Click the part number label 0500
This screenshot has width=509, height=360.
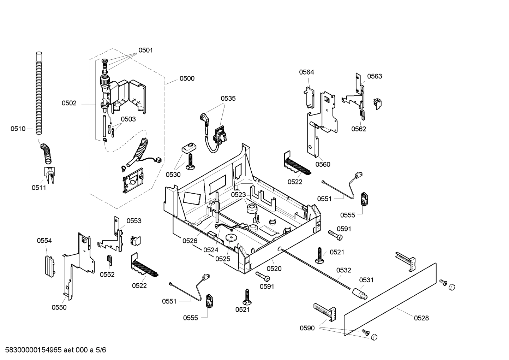(187, 78)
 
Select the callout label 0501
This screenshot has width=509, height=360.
(145, 50)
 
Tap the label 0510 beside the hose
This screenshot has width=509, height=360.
(18, 129)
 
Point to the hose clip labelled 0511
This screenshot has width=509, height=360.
(49, 175)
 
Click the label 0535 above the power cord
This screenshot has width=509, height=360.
(228, 99)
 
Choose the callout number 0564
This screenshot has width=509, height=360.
(306, 72)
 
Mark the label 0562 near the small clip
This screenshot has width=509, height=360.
(358, 129)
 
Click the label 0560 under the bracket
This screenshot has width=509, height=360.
(323, 164)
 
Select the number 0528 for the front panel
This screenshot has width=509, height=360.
(421, 318)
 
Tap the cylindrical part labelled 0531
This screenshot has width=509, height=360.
(359, 293)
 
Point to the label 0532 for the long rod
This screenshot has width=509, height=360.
(343, 270)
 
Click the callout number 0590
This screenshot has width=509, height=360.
(307, 328)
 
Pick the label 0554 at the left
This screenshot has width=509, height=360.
(44, 241)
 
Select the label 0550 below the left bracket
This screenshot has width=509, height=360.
(59, 307)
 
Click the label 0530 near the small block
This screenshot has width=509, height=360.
(173, 175)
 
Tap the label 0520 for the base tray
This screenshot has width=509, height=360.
(274, 268)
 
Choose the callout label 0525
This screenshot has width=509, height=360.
(222, 259)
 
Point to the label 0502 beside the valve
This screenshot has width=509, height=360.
(69, 103)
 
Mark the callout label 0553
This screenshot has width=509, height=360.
(134, 221)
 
